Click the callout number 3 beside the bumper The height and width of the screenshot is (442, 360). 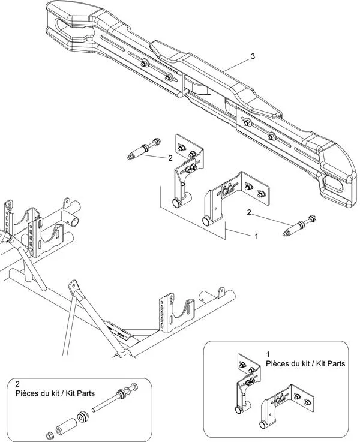253,56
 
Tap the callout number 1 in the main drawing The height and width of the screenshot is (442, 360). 257,236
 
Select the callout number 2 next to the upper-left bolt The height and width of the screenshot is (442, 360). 170,158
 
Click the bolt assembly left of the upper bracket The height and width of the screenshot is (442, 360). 142,149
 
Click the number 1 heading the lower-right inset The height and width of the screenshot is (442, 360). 268,354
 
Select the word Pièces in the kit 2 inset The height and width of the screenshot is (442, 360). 28,393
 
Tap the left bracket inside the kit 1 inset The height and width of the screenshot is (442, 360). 245,384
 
